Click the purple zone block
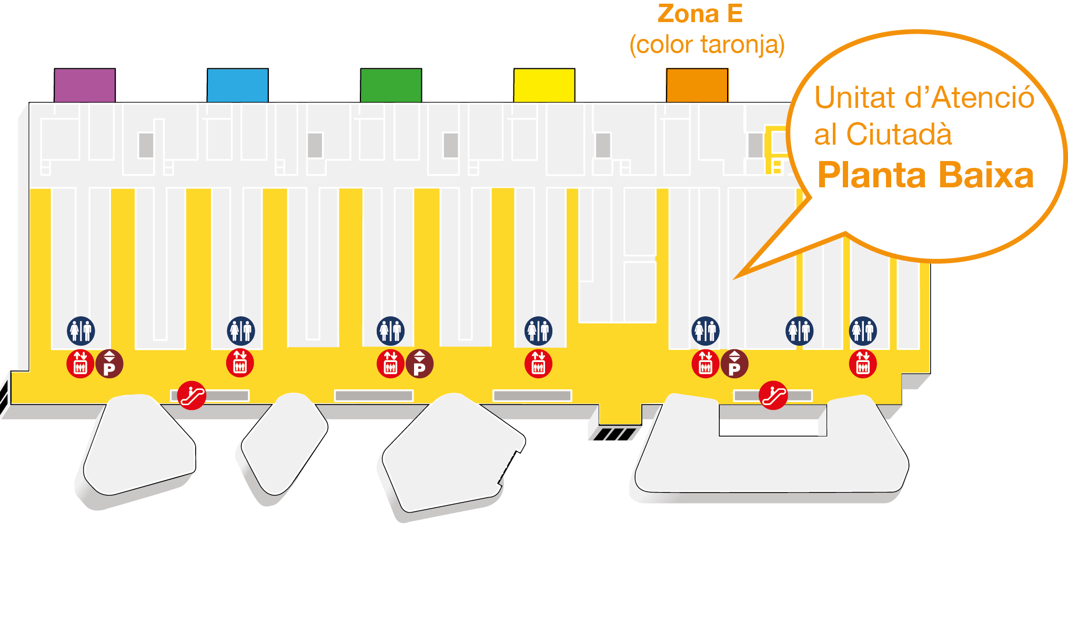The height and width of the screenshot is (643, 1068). click(85, 85)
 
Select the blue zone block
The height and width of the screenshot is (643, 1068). click(238, 85)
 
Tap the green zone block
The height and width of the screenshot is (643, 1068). click(391, 85)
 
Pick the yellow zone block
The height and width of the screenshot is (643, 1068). click(544, 85)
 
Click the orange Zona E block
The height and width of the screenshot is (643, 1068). click(697, 85)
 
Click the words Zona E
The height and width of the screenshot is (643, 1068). click(700, 14)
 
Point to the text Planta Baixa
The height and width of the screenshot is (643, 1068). click(925, 175)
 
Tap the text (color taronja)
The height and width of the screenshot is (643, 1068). click(707, 45)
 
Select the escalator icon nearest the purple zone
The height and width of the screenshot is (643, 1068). click(192, 395)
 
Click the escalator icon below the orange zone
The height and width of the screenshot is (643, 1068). click(773, 395)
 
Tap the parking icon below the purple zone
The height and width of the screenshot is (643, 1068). click(109, 364)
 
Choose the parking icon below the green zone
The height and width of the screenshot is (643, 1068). click(419, 364)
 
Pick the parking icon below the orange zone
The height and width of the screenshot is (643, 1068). click(734, 364)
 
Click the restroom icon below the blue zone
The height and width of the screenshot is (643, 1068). click(241, 331)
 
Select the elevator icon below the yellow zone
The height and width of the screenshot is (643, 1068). click(538, 364)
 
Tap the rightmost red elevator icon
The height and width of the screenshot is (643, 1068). click(863, 364)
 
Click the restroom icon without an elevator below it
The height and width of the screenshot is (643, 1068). click(799, 331)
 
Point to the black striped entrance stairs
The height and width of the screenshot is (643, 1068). click(614, 434)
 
